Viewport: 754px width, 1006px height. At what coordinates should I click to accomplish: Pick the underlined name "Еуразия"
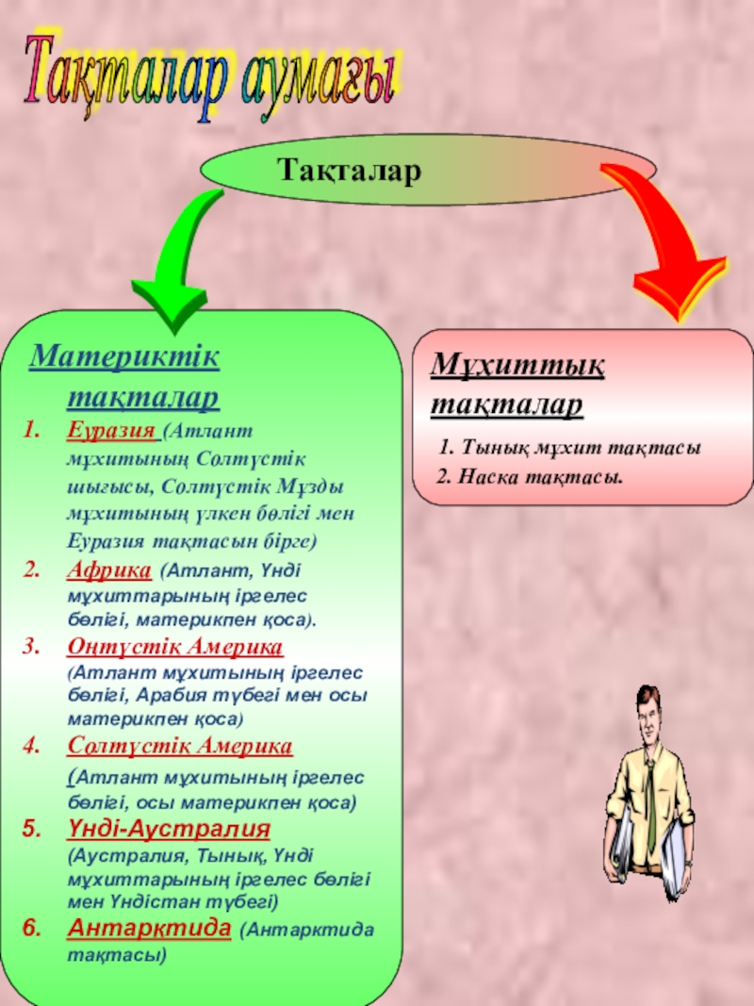110,431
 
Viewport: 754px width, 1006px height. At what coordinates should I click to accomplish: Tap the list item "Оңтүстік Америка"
175,648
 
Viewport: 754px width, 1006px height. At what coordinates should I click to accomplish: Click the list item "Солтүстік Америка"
179,747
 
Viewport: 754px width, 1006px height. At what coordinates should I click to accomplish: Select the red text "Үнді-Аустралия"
169,830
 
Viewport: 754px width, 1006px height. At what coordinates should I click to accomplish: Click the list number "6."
30,928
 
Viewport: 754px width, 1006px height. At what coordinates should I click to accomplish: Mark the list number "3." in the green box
30,648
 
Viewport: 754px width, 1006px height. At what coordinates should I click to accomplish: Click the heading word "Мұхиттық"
518,365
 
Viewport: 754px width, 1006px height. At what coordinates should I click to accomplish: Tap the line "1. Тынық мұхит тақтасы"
569,449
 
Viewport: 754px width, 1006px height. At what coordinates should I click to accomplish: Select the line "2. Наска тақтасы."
531,476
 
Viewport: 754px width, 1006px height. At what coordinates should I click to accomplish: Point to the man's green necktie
649,801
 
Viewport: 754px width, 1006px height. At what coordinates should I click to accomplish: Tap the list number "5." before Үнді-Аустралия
30,830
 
